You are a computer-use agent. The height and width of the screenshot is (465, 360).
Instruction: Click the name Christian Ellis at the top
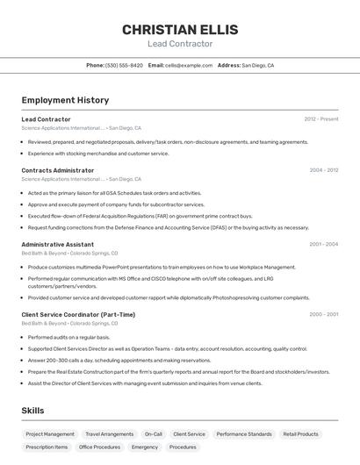click(179, 29)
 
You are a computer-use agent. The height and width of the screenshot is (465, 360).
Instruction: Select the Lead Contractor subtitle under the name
click(179, 44)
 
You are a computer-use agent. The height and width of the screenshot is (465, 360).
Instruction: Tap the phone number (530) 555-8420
click(124, 65)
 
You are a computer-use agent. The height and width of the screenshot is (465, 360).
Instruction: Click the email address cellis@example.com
click(189, 65)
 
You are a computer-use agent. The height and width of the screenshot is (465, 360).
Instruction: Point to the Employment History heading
click(65, 100)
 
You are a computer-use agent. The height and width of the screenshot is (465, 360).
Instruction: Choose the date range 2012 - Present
click(320, 119)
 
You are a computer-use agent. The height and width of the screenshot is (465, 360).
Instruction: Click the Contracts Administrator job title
click(58, 170)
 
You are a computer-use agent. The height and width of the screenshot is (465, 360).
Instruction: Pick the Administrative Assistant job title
click(58, 245)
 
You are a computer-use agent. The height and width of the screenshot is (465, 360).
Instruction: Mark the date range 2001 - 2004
click(323, 245)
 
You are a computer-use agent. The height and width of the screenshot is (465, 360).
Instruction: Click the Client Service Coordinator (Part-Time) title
click(78, 314)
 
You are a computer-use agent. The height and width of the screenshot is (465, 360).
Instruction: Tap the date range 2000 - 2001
click(323, 314)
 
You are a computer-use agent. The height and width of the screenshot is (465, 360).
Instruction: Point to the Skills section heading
click(32, 411)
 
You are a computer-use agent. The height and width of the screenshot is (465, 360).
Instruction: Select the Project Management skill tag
click(50, 434)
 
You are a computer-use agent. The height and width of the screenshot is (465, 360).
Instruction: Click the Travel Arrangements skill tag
click(109, 434)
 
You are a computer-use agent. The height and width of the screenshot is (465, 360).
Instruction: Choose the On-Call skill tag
click(154, 434)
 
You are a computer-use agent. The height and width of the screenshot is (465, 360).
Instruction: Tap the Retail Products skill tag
click(300, 434)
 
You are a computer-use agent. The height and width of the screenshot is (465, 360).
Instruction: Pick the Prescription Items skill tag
click(47, 447)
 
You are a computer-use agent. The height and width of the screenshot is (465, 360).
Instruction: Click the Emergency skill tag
click(145, 447)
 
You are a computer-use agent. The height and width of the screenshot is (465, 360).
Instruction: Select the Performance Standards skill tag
click(244, 434)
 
